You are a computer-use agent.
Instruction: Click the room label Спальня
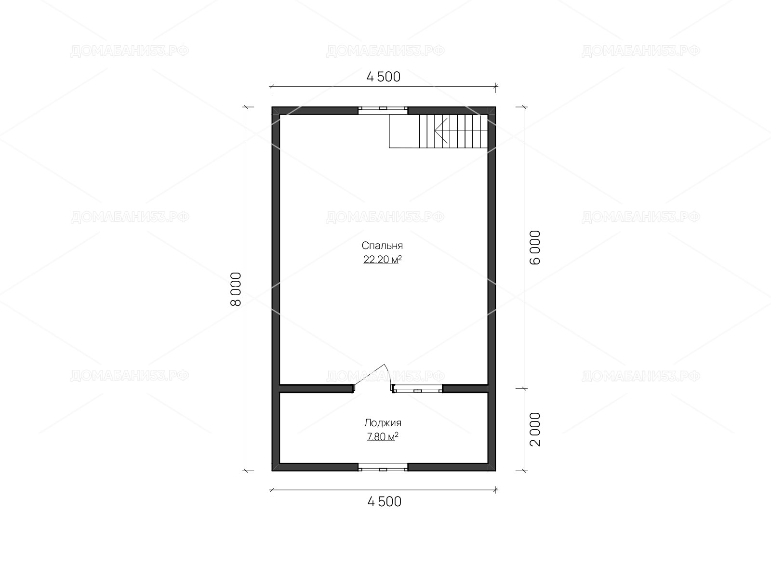(x=382, y=245)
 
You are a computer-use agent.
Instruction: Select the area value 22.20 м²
(x=382, y=259)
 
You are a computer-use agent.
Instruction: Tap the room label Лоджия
(x=383, y=422)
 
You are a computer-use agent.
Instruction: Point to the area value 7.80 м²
(x=383, y=436)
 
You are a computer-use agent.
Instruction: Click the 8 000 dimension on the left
(x=236, y=289)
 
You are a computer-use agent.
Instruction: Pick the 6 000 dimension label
(x=535, y=248)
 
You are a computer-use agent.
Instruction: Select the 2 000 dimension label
(x=535, y=429)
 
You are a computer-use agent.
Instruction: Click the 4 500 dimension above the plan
(x=383, y=77)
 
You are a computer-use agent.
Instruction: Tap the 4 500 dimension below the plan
(x=384, y=502)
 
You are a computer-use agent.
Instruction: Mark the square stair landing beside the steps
(x=404, y=131)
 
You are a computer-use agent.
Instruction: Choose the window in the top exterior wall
(x=383, y=111)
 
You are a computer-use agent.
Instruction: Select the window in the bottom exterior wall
(x=383, y=467)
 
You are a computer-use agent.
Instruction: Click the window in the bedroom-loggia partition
(x=417, y=389)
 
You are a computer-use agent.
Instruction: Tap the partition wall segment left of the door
(x=316, y=389)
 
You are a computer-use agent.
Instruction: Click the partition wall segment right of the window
(x=465, y=389)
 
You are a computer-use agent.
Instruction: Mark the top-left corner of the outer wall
(x=272, y=106)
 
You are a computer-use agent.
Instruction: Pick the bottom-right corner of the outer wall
(x=496, y=471)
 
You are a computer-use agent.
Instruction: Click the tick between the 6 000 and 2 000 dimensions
(x=524, y=389)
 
